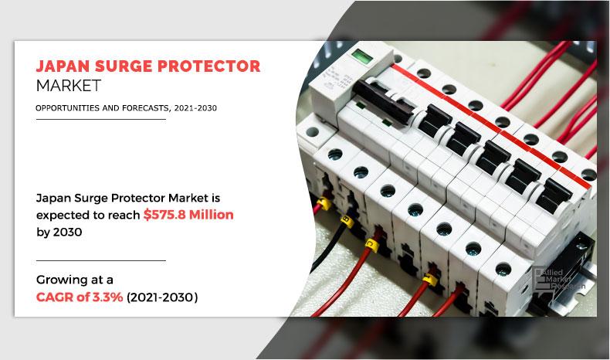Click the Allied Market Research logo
click(557, 276)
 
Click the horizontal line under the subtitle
click(100, 120)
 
